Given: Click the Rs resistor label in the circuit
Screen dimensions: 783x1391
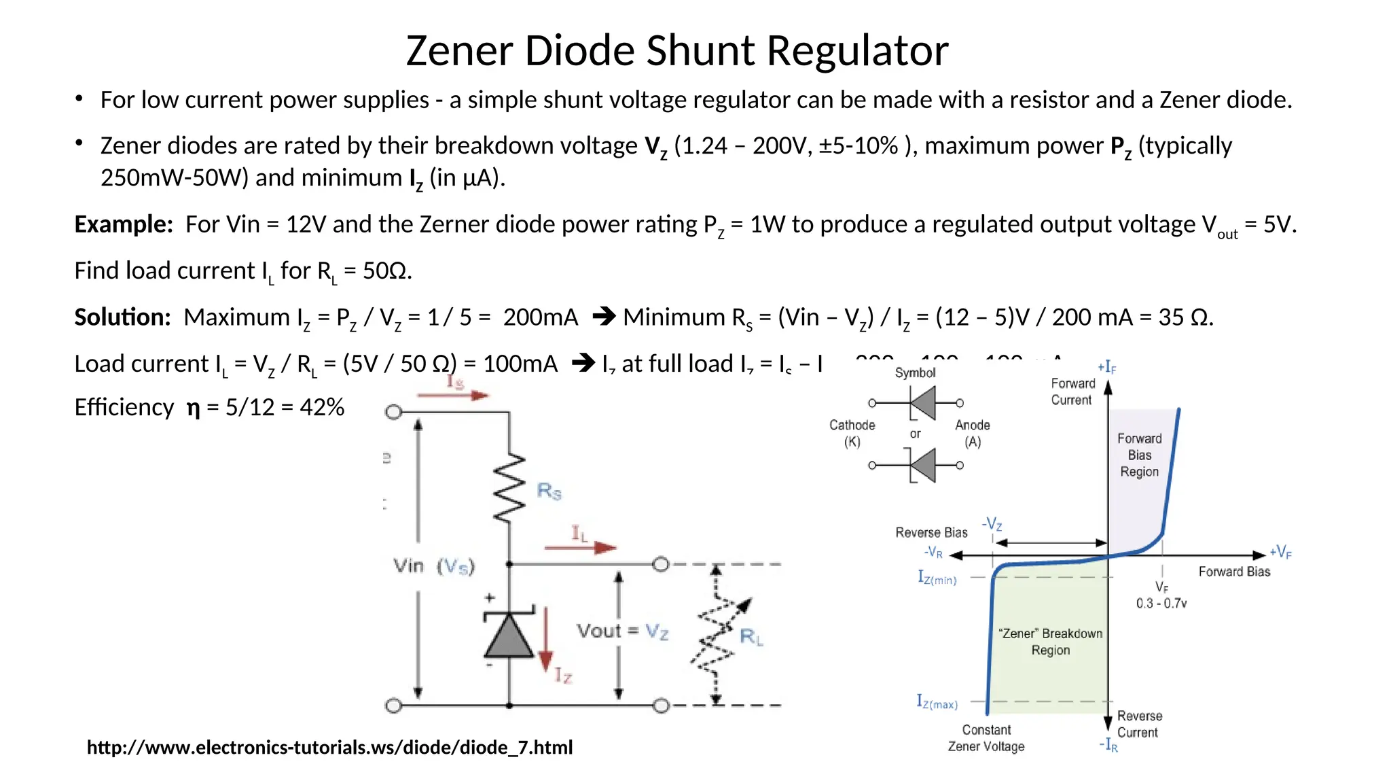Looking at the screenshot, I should (x=549, y=491).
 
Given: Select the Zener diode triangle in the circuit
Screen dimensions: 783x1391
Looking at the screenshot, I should (x=509, y=635).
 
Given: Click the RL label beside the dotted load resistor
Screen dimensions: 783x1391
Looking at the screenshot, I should (x=751, y=637).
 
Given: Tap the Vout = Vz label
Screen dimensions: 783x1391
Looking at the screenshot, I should (x=622, y=631).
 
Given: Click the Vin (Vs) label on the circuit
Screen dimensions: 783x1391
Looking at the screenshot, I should (x=434, y=565).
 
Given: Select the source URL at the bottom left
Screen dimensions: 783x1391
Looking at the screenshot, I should (x=329, y=748).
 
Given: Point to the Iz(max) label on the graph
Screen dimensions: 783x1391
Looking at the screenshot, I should (x=937, y=702).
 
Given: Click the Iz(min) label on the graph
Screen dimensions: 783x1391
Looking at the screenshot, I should (x=937, y=578).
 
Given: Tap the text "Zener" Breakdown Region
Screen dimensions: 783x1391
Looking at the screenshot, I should (x=1050, y=642).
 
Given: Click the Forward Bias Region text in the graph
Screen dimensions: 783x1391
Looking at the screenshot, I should (x=1139, y=455).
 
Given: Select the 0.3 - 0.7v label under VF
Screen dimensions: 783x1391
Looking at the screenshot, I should (x=1161, y=604).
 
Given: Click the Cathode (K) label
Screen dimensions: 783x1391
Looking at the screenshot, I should (x=852, y=433).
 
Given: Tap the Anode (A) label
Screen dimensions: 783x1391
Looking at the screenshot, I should (x=973, y=433).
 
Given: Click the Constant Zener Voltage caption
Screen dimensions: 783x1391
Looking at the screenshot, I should (x=986, y=738).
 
